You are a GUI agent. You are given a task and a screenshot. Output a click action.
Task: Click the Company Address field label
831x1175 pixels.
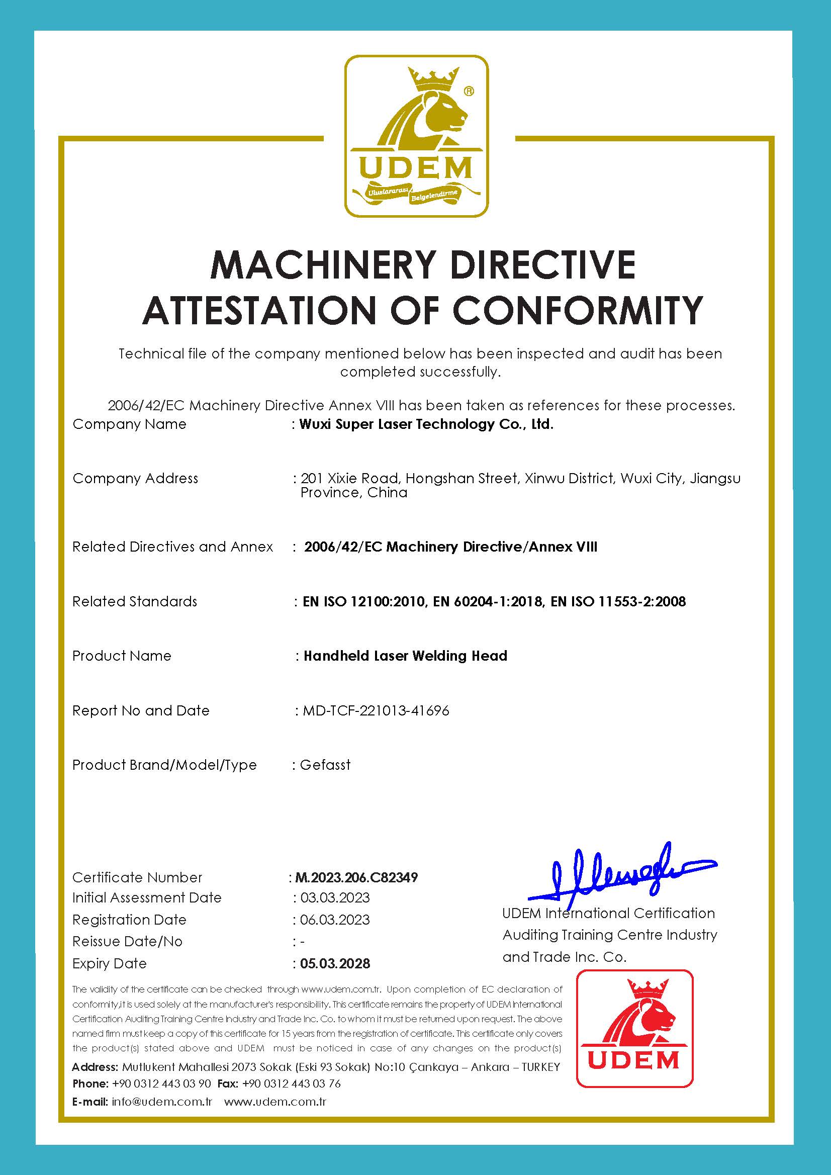[x=135, y=479]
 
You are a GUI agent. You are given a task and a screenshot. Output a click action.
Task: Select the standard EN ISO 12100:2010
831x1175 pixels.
[x=364, y=601]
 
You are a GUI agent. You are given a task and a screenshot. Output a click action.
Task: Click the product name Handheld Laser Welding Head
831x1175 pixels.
[x=405, y=656]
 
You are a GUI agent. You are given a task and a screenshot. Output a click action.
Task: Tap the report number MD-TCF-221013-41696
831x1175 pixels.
[x=376, y=711]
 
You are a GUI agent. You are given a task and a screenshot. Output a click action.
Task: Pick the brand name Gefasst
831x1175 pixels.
[x=325, y=765]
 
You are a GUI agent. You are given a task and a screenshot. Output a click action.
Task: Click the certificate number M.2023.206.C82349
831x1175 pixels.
[x=356, y=878]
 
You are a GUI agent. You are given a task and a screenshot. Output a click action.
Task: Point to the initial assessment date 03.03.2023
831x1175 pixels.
[x=335, y=897]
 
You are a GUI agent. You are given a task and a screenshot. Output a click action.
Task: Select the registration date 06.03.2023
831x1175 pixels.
[x=335, y=920]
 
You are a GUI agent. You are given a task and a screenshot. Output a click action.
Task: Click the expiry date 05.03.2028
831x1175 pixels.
[x=335, y=964]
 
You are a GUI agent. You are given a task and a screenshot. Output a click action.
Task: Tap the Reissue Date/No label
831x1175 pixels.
[x=127, y=942]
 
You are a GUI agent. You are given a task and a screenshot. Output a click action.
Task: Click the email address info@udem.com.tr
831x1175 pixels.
[x=162, y=1102]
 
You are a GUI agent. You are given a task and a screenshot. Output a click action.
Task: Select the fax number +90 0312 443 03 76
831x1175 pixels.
[x=291, y=1083]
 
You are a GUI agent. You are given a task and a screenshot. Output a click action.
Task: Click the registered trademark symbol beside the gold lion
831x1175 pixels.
[x=468, y=91]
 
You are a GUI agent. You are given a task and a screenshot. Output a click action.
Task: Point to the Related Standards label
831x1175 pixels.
[x=135, y=601]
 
